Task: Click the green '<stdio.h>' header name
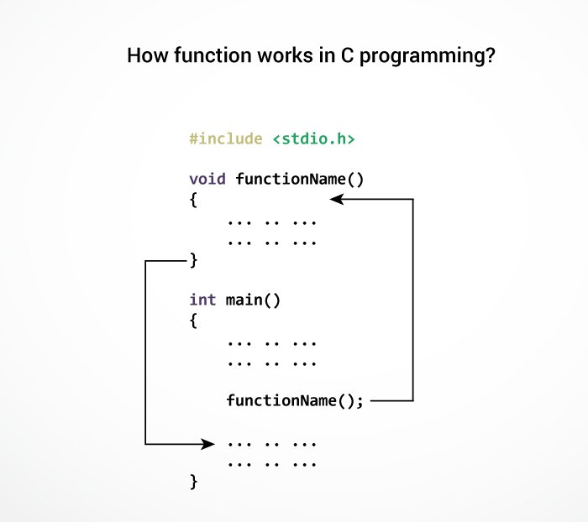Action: coord(313,138)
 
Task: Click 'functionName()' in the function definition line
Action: coord(300,179)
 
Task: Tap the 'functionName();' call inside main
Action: coord(295,400)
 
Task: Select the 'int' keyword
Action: coord(202,300)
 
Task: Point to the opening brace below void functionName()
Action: coord(193,200)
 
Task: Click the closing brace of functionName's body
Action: coord(193,261)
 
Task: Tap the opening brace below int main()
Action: coord(193,321)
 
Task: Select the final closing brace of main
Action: coord(193,482)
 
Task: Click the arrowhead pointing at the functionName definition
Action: coord(337,199)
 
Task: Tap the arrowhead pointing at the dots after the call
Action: coord(209,442)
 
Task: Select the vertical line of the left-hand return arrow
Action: coord(146,352)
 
